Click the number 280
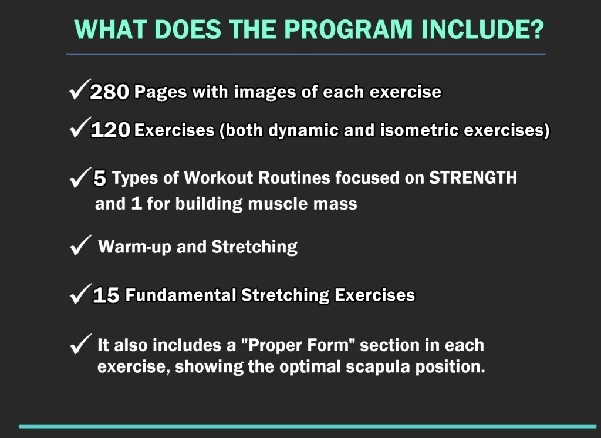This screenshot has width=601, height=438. (x=109, y=92)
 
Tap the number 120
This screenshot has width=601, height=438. (x=110, y=130)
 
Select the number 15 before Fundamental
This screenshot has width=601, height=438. (x=106, y=295)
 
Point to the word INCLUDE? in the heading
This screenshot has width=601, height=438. (x=483, y=29)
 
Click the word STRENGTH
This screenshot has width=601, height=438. (x=473, y=177)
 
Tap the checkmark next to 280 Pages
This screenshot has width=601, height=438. (x=80, y=89)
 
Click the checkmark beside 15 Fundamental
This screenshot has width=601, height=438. (x=81, y=294)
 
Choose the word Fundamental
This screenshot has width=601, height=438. (x=181, y=295)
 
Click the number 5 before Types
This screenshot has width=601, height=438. (x=100, y=178)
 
